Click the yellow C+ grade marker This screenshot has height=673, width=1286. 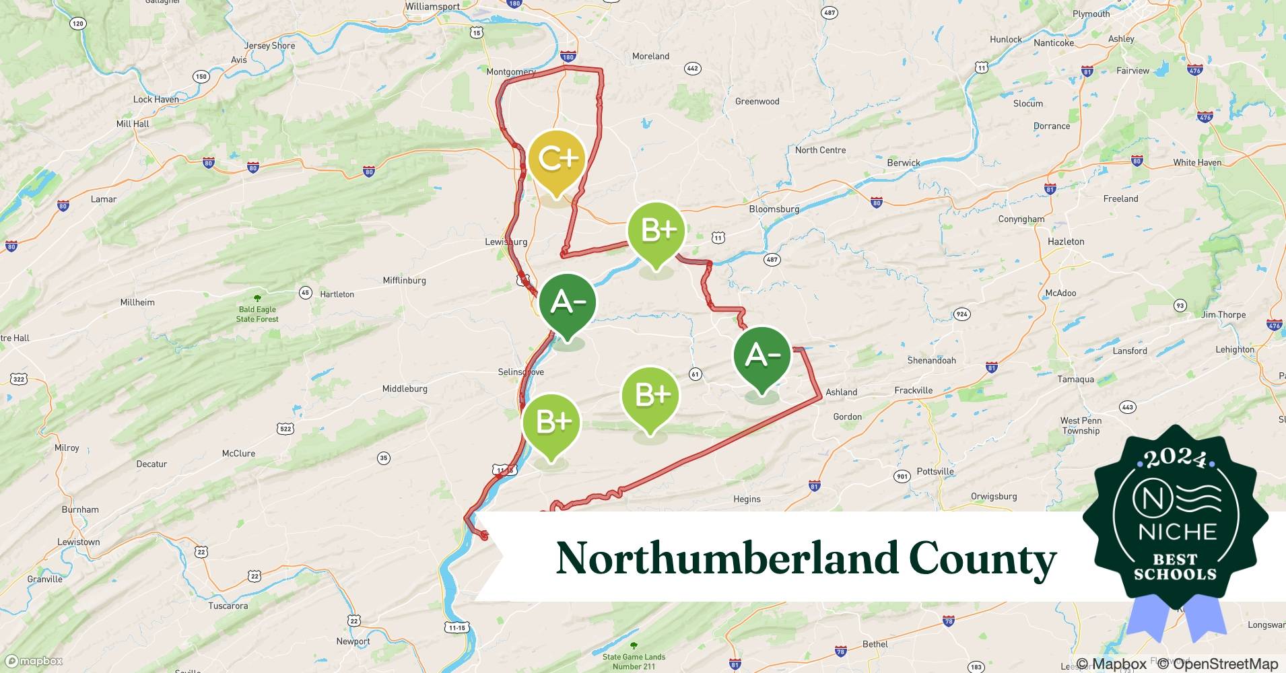(556, 160)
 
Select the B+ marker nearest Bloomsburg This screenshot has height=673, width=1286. (656, 231)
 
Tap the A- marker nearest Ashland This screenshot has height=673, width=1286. (762, 355)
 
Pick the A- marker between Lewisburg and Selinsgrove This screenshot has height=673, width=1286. (568, 303)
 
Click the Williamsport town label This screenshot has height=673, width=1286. (432, 6)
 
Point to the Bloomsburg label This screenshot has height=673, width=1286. (774, 209)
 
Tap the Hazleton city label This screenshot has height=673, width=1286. (1066, 241)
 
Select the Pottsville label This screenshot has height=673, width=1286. (935, 471)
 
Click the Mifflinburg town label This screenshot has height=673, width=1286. (404, 280)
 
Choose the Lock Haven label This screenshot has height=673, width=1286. (156, 99)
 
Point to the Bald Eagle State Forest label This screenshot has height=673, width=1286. (257, 314)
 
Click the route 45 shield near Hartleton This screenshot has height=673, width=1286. (306, 293)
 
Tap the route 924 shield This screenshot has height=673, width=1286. (961, 314)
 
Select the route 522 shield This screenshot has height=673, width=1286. (285, 429)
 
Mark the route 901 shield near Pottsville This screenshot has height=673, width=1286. (902, 476)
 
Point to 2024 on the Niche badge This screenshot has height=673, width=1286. (1175, 459)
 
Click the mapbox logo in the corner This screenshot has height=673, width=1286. (34, 661)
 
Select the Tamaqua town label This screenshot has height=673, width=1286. (1075, 379)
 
